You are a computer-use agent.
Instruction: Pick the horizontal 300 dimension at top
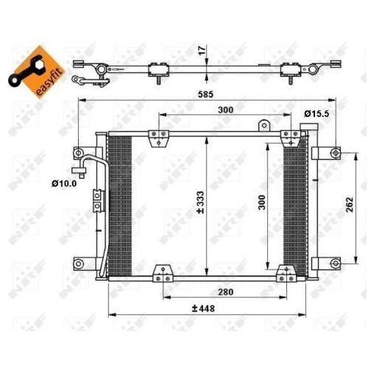(x=225, y=110)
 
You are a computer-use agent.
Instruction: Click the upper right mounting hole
(x=335, y=153)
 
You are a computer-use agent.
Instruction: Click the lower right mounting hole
(x=335, y=263)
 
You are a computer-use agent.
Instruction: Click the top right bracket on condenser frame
(x=287, y=136)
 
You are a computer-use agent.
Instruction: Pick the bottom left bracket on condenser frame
(x=159, y=276)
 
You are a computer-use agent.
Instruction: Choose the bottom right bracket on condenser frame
(x=280, y=276)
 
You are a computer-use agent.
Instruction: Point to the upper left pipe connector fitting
(x=79, y=155)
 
